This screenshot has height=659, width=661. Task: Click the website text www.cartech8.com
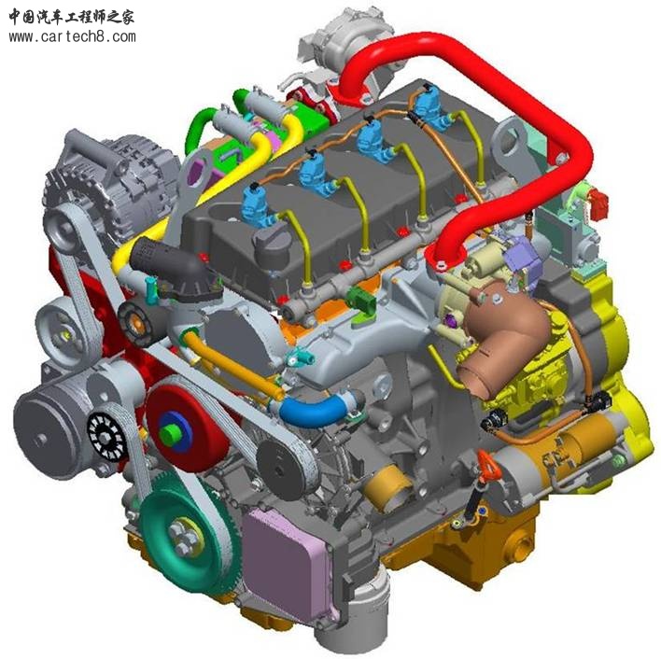(x=72, y=37)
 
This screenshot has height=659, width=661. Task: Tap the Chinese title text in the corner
(x=71, y=18)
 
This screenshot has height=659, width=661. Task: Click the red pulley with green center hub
(x=187, y=428)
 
